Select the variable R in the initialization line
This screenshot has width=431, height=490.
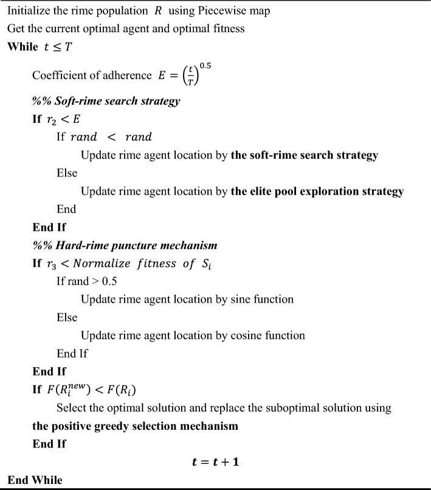coord(157,11)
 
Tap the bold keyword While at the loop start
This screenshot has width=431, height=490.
coord(22,47)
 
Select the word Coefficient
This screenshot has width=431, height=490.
coord(60,75)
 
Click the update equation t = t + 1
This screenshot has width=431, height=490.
coord(215,462)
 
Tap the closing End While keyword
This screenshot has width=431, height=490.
coord(35,480)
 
